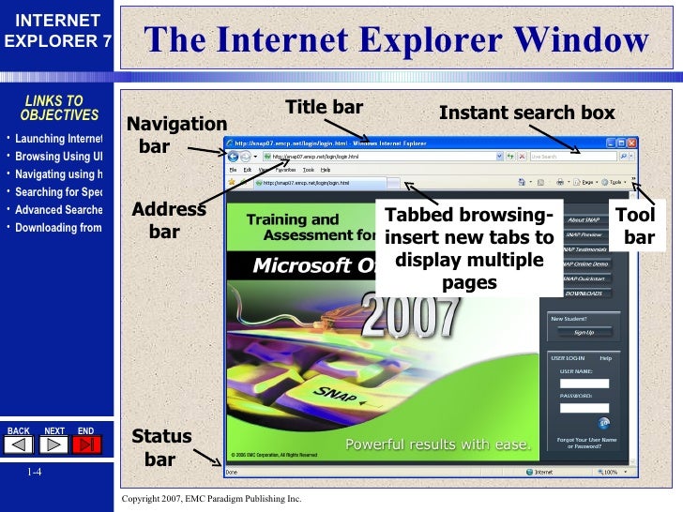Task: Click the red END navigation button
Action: [x=87, y=444]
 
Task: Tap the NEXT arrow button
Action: [x=54, y=444]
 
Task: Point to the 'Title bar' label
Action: [x=324, y=107]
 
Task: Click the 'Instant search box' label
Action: [x=526, y=113]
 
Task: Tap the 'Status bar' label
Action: [x=160, y=447]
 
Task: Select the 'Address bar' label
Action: [x=168, y=219]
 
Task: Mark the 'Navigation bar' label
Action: [x=176, y=135]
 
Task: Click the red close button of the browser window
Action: [x=633, y=143]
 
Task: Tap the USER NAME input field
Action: [x=584, y=383]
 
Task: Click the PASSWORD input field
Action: [x=584, y=407]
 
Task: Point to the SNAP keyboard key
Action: [x=336, y=394]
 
